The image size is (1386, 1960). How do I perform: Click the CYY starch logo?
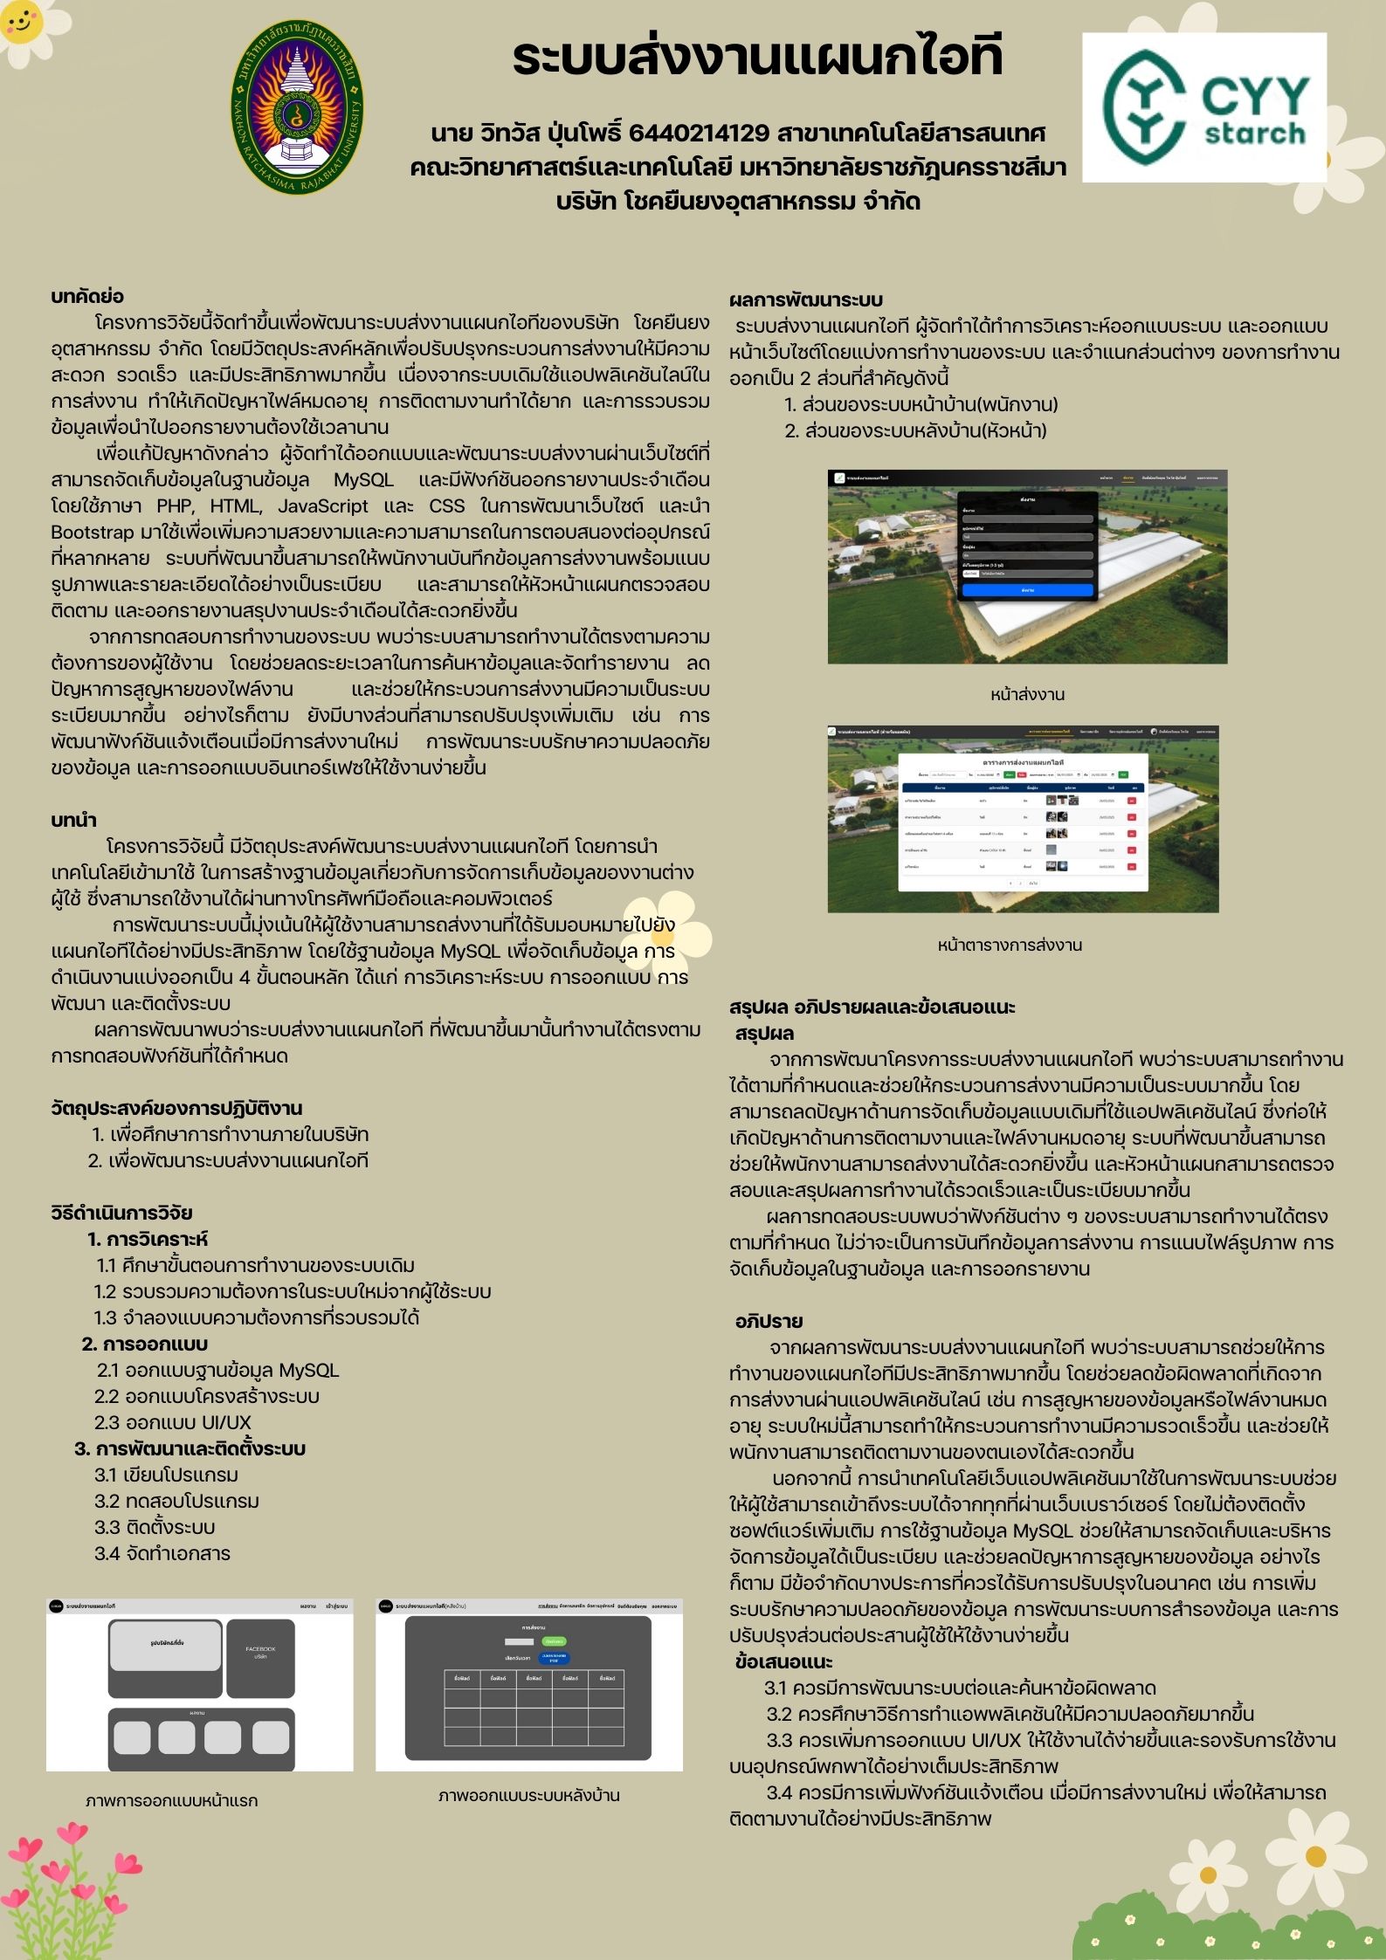pyautogui.click(x=1203, y=107)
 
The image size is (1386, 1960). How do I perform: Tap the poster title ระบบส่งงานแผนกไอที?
pyautogui.click(x=757, y=58)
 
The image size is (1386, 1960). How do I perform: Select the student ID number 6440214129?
pyautogui.click(x=698, y=134)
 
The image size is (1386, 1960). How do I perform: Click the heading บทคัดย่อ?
pyautogui.click(x=87, y=297)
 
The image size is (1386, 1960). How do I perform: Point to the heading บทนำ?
pyautogui.click(x=73, y=820)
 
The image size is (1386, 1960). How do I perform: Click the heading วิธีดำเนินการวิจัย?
pyautogui.click(x=121, y=1213)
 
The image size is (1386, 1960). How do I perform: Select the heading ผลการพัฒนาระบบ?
pyautogui.click(x=806, y=300)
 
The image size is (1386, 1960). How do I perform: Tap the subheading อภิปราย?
pyautogui.click(x=769, y=1321)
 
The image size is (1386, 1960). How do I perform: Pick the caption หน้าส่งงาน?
pyautogui.click(x=1027, y=695)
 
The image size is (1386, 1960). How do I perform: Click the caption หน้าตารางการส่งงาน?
pyautogui.click(x=1010, y=945)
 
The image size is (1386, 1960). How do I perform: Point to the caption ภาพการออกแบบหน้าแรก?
pyautogui.click(x=172, y=1800)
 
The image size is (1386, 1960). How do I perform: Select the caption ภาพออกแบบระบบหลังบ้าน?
pyautogui.click(x=528, y=1795)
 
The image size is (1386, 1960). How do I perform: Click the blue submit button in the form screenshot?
pyautogui.click(x=1027, y=590)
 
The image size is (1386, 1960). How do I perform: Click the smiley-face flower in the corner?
pyautogui.click(x=26, y=21)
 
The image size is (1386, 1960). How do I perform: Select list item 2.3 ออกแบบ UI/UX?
pyautogui.click(x=173, y=1422)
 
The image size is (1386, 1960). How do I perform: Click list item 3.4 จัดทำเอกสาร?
pyautogui.click(x=162, y=1553)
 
